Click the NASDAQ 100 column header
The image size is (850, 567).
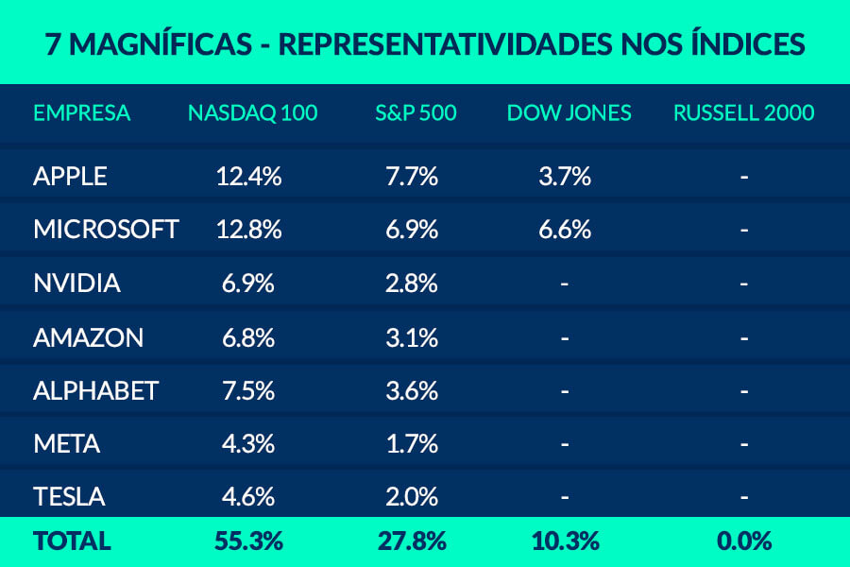(x=252, y=113)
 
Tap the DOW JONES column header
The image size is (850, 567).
(x=569, y=113)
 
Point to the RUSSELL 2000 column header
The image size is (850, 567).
(x=743, y=113)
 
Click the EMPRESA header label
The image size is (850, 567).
(x=81, y=113)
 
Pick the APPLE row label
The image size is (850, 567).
(x=70, y=176)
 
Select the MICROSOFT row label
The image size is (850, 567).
(x=105, y=230)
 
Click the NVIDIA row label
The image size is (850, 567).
(x=76, y=283)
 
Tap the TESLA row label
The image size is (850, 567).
(x=69, y=496)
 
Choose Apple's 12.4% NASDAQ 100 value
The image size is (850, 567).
(x=250, y=176)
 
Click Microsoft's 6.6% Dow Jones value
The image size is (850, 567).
(x=565, y=230)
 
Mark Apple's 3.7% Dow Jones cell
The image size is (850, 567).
(x=565, y=176)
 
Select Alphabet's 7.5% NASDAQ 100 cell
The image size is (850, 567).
(x=250, y=390)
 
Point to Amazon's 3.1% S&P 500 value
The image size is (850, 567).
(x=412, y=337)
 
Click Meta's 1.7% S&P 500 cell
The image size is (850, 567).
(x=412, y=443)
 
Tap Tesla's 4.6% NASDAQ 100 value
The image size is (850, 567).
(x=250, y=496)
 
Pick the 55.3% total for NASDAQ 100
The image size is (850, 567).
(x=250, y=541)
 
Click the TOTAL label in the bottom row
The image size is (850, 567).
(x=72, y=541)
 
